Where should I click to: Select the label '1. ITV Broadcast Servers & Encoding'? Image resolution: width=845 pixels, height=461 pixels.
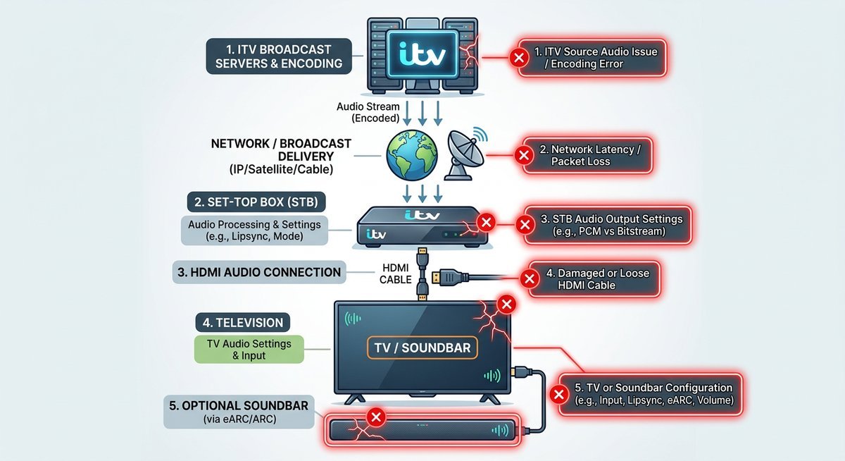[278, 56]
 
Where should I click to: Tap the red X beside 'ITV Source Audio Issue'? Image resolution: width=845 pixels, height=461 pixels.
[519, 57]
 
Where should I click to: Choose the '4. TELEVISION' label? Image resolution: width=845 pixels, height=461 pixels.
[243, 323]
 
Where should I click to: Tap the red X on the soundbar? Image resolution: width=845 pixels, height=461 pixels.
[376, 417]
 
